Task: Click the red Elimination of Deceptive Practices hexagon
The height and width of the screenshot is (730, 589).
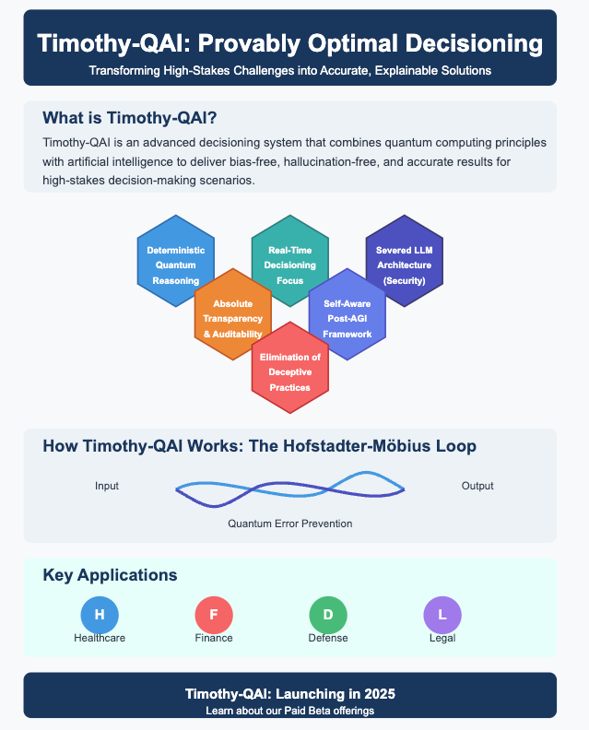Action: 290,371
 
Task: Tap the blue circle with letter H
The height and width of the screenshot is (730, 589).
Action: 100,615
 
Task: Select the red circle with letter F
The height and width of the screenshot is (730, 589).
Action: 214,615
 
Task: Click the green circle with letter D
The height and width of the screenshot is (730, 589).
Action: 328,615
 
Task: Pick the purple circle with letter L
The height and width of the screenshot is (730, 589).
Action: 442,615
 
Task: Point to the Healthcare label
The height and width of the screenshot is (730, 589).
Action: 100,638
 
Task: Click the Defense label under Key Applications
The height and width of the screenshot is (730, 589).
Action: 328,638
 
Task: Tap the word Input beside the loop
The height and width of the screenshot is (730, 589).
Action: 107,486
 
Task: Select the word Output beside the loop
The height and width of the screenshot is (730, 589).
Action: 477,486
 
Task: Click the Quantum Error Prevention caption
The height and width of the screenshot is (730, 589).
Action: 289,524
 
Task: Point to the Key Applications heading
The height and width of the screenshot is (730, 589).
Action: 110,575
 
